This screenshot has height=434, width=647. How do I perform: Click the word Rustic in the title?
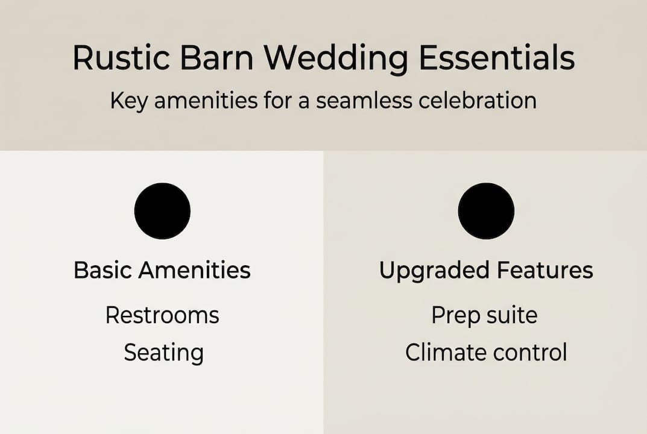click(122, 57)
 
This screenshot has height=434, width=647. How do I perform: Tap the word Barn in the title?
click(216, 57)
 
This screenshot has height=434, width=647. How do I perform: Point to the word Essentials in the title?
click(497, 57)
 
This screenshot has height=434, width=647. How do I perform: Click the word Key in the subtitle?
click(128, 101)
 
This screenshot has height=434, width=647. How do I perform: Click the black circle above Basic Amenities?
click(162, 211)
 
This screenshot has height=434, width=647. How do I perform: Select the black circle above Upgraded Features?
click(486, 211)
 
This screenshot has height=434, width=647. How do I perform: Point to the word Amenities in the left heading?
click(195, 270)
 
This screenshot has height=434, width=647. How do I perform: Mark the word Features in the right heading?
click(545, 270)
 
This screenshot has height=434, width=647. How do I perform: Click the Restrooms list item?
click(162, 316)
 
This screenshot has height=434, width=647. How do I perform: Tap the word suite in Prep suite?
click(512, 316)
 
